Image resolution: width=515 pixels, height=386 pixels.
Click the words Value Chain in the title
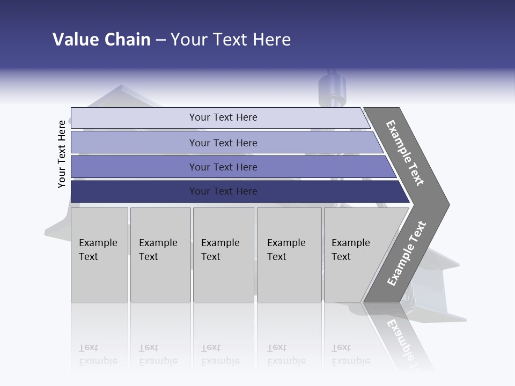tap(101, 40)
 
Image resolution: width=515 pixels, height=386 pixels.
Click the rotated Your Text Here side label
tap(62, 154)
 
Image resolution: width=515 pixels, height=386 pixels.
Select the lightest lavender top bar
tap(134, 118)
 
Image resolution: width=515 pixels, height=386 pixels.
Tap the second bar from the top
tap(134, 143)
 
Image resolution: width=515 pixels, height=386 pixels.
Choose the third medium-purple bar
tap(134, 167)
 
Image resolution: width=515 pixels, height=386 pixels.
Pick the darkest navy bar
tap(134, 191)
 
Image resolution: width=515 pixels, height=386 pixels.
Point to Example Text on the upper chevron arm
tap(405, 153)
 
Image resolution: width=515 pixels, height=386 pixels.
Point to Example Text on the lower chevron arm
tap(406, 254)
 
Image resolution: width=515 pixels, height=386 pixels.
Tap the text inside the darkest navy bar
tap(223, 191)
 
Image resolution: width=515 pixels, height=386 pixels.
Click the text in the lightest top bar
tap(223, 117)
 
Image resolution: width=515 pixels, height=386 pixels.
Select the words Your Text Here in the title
tap(231, 40)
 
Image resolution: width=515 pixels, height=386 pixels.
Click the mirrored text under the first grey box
tap(98, 354)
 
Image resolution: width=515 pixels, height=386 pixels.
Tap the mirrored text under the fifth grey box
tap(350, 354)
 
